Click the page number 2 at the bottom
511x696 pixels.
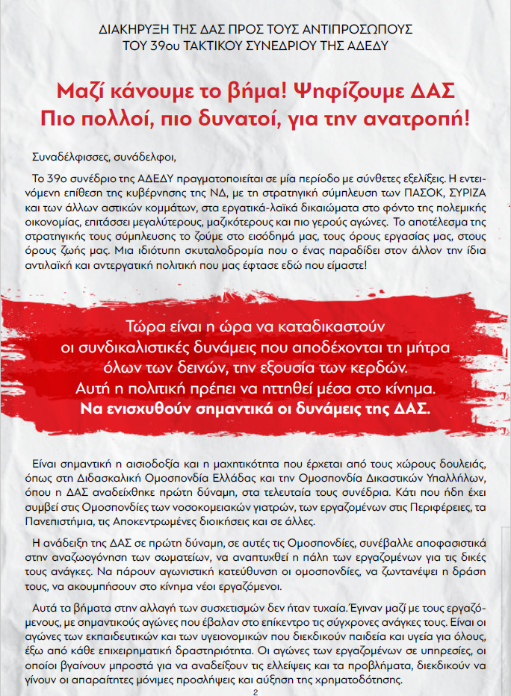coord(255,692)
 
